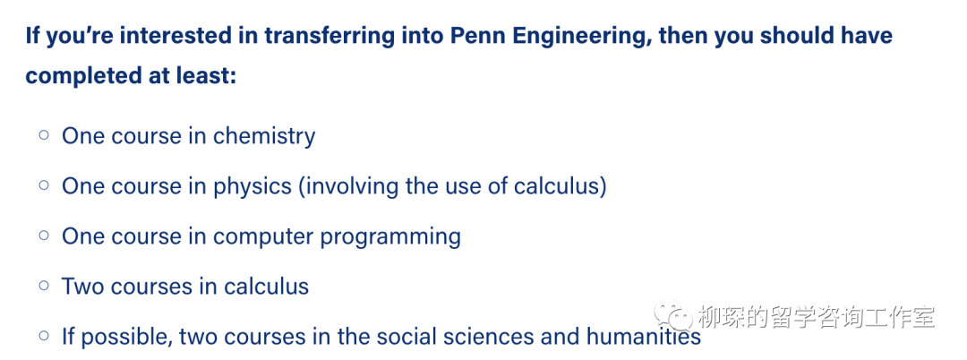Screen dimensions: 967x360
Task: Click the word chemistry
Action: pos(264,136)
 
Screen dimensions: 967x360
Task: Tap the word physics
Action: pos(252,187)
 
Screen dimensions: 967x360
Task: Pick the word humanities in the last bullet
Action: pos(643,337)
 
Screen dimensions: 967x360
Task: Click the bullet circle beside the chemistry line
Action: pos(44,133)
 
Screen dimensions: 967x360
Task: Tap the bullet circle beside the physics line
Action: pos(44,184)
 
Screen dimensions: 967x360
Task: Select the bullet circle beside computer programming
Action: pos(44,235)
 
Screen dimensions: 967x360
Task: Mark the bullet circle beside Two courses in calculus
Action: pos(44,286)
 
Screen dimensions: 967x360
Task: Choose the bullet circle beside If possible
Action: pos(44,335)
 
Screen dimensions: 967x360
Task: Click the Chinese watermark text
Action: pos(817,317)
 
